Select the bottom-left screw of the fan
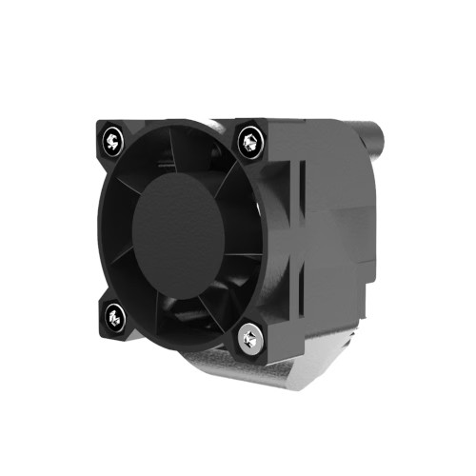tap(115, 316)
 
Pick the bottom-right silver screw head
tap(252, 337)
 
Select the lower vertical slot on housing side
tap(302, 286)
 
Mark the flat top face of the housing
tap(305, 126)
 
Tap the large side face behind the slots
tap(338, 238)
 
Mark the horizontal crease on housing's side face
tap(333, 259)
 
